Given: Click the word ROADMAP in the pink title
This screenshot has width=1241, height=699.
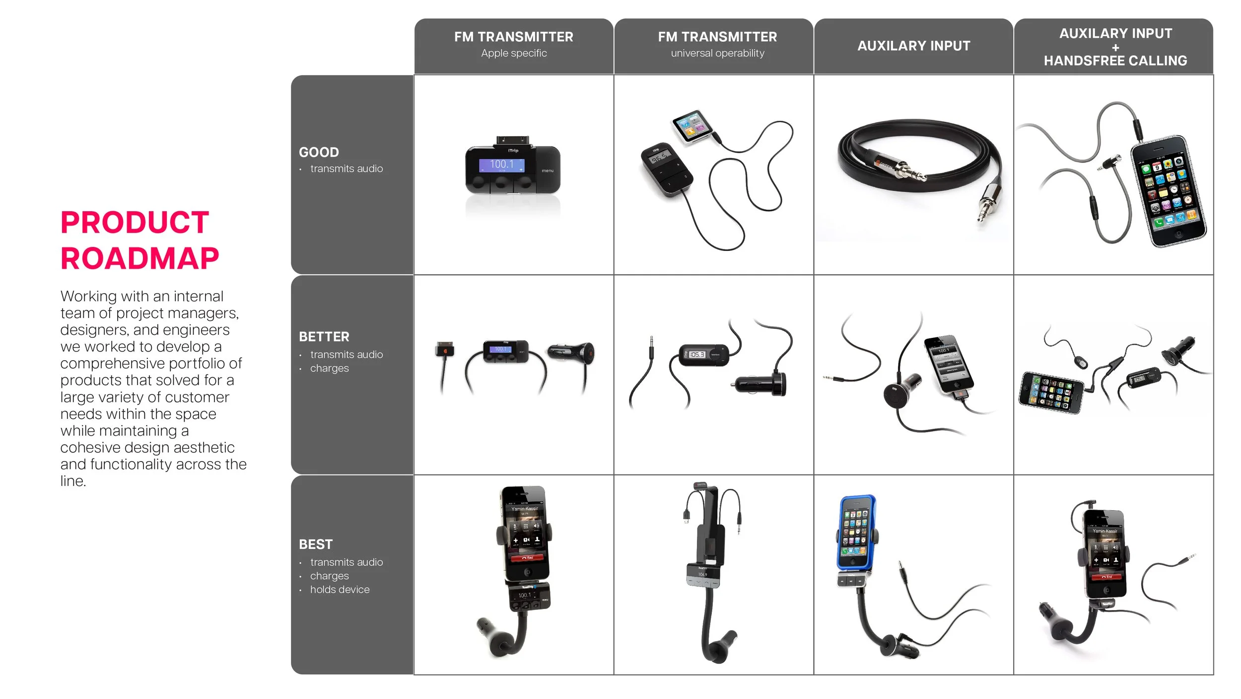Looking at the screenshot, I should click(x=139, y=259).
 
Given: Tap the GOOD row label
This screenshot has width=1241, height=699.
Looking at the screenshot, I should click(x=319, y=152).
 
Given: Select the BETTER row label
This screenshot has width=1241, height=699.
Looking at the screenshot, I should click(x=324, y=337).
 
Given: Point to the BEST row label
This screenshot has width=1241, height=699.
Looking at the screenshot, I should click(x=316, y=544).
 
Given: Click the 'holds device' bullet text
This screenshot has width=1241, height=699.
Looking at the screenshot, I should click(x=340, y=590).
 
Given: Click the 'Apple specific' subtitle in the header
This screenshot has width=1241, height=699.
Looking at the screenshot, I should click(x=514, y=53).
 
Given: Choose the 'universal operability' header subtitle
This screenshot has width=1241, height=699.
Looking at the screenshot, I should click(x=717, y=53).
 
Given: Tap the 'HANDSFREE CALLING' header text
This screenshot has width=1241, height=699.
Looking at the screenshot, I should click(x=1115, y=61).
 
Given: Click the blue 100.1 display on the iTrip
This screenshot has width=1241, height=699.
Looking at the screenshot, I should click(x=501, y=164).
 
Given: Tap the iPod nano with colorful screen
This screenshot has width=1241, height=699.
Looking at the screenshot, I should click(x=691, y=126).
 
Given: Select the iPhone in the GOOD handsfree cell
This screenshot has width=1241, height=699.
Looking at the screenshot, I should click(x=1168, y=191).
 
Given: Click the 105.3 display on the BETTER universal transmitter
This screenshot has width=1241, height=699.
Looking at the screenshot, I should click(x=697, y=355).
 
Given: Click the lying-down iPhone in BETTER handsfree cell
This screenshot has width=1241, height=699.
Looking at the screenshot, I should click(x=1051, y=392).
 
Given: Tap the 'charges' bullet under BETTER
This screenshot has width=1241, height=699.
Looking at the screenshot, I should click(x=329, y=369).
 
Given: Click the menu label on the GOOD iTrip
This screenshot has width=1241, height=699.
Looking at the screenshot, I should click(x=548, y=171).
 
